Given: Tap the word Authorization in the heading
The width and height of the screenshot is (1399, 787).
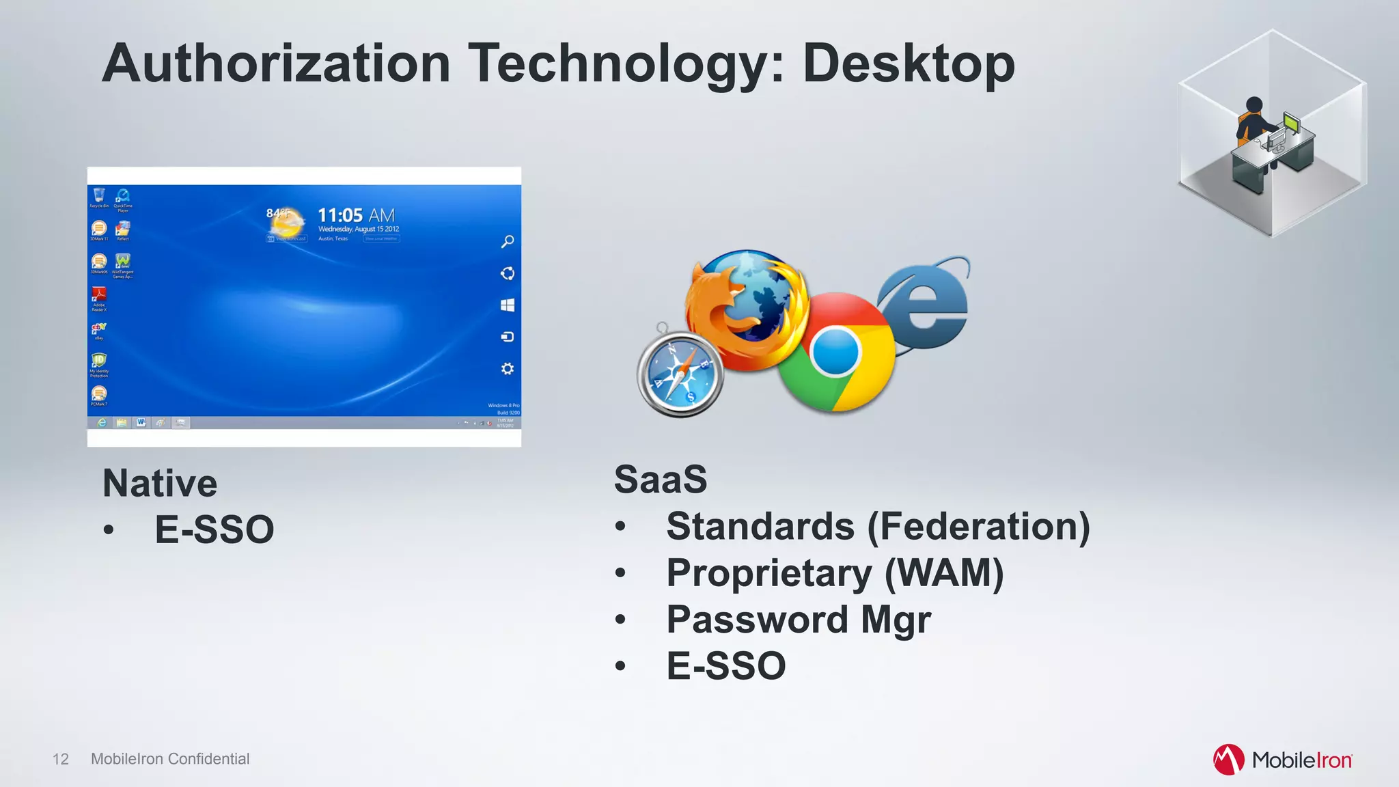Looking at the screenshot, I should (x=276, y=64).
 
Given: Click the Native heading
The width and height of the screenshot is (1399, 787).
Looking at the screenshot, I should (x=160, y=484).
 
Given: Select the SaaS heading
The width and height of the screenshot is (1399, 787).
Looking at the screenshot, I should (x=660, y=480).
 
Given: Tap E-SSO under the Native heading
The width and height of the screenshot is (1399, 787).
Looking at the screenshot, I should (x=214, y=530).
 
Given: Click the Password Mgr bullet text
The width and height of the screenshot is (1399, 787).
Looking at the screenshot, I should (x=798, y=620).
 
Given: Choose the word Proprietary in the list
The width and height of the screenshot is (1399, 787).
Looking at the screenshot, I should (x=769, y=573).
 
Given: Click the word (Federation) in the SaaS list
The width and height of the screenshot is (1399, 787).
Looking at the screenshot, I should (x=978, y=527).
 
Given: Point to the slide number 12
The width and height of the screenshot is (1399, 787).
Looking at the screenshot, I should (x=61, y=759).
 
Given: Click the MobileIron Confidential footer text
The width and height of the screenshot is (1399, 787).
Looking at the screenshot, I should (x=170, y=759).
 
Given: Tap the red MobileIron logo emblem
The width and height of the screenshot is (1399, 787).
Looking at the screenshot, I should (x=1228, y=760).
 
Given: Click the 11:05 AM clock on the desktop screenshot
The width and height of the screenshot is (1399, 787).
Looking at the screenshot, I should (x=356, y=216).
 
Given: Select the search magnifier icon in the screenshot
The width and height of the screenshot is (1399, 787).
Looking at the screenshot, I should (x=508, y=242).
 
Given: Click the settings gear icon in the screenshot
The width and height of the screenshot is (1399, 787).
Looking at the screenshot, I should (x=508, y=369).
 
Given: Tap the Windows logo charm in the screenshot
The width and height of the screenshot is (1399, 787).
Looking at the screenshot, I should (x=508, y=305).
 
